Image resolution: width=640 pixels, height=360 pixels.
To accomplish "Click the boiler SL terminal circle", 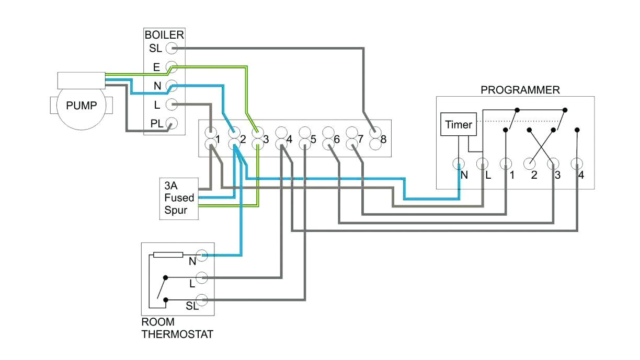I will pyautogui.click(x=170, y=49).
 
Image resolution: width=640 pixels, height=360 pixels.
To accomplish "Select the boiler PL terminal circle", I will pyautogui.click(x=170, y=124).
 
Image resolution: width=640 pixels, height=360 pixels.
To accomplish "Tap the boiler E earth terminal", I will pyautogui.click(x=170, y=67).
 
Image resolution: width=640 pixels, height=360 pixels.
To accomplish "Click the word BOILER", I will pyautogui.click(x=164, y=36).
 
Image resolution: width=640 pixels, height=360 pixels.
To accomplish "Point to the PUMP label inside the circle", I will pyautogui.click(x=82, y=106).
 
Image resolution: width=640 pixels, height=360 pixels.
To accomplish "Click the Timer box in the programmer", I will pyautogui.click(x=458, y=125).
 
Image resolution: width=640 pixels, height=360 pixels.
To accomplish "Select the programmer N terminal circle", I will pyautogui.click(x=459, y=164).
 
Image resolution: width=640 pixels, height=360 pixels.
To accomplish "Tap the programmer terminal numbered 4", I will pyautogui.click(x=577, y=164).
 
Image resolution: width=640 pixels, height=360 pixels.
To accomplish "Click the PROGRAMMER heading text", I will pyautogui.click(x=520, y=90).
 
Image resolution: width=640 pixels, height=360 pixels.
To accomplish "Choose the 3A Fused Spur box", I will pyautogui.click(x=179, y=198).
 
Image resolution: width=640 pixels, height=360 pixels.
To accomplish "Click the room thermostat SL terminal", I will pyautogui.click(x=202, y=300).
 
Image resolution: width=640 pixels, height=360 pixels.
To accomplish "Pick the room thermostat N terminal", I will pyautogui.click(x=202, y=255).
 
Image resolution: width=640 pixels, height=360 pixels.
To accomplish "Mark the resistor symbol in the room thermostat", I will pyautogui.click(x=168, y=255).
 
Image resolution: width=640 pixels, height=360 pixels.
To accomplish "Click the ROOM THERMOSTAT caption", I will pyautogui.click(x=177, y=329).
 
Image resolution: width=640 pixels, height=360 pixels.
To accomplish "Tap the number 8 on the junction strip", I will pyautogui.click(x=384, y=140).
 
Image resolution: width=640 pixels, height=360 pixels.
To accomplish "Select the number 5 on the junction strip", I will pyautogui.click(x=313, y=140).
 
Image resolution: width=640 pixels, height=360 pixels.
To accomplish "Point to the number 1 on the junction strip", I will pyautogui.click(x=218, y=140).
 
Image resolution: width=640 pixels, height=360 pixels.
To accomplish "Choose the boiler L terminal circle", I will pyautogui.click(x=170, y=105).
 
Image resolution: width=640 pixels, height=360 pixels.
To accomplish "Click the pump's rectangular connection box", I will pyautogui.click(x=81, y=80).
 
